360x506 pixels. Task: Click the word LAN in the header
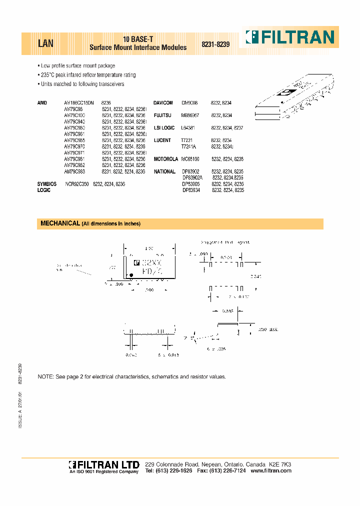click(45, 43)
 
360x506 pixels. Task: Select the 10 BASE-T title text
click(137, 39)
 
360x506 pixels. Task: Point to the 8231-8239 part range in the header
click(215, 44)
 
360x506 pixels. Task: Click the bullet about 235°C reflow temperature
click(88, 75)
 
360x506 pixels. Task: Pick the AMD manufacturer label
click(42, 103)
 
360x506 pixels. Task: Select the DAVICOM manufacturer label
click(163, 103)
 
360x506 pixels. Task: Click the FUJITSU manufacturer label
click(162, 115)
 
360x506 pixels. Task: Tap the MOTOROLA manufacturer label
click(165, 159)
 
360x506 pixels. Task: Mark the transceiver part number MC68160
click(190, 159)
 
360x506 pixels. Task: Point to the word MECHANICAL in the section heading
click(60, 223)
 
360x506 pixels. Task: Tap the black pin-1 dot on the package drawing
click(131, 275)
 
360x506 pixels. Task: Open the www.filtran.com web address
click(270, 471)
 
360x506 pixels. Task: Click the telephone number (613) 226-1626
click(173, 471)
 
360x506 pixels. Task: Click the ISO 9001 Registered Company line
click(103, 472)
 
